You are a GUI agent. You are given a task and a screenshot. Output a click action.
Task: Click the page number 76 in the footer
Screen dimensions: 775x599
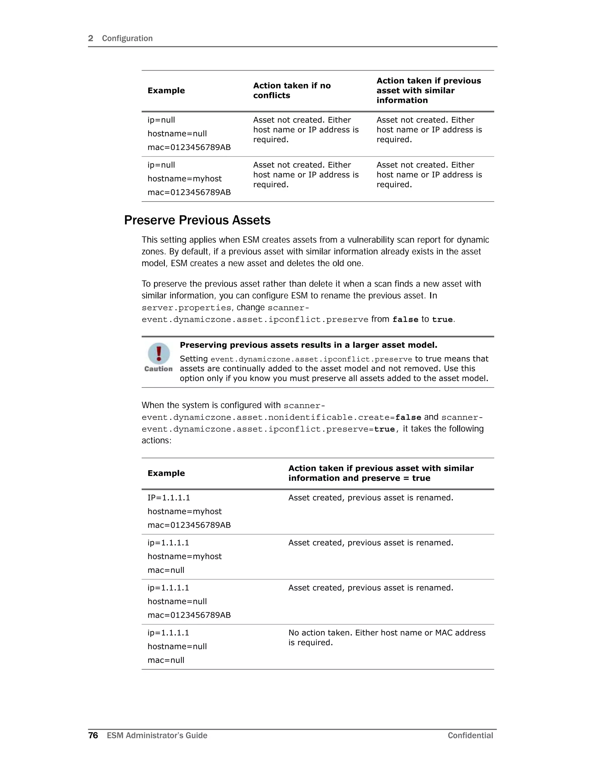click(x=93, y=735)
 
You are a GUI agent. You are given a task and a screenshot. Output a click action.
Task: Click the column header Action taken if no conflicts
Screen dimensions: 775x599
click(x=292, y=90)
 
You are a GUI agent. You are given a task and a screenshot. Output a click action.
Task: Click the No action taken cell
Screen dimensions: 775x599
click(x=386, y=637)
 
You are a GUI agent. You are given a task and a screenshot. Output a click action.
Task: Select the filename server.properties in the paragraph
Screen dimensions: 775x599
click(x=186, y=308)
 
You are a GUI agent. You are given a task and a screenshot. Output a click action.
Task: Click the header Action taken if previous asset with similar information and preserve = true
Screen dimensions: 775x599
click(x=381, y=473)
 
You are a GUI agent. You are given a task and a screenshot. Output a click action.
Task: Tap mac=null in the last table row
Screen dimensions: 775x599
click(x=166, y=660)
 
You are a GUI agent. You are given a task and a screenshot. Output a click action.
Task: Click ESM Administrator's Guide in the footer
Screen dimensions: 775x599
click(x=157, y=735)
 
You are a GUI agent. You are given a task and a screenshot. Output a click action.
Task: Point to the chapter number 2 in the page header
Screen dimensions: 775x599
click(x=90, y=38)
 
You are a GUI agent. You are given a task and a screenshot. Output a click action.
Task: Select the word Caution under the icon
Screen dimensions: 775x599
click(x=158, y=369)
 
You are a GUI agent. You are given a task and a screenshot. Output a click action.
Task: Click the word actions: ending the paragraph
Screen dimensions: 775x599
click(x=156, y=440)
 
